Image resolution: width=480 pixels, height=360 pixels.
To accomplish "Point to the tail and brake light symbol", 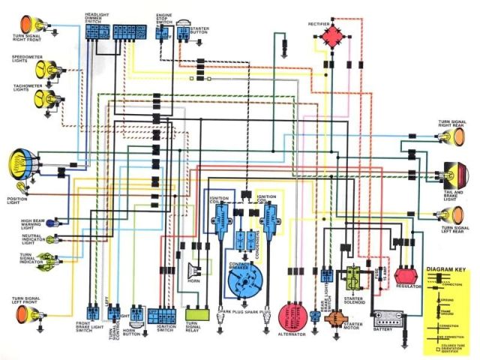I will [x=453, y=174].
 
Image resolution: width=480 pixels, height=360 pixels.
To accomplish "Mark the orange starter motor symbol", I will [x=334, y=316].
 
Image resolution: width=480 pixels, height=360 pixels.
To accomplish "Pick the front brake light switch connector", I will [x=92, y=312].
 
